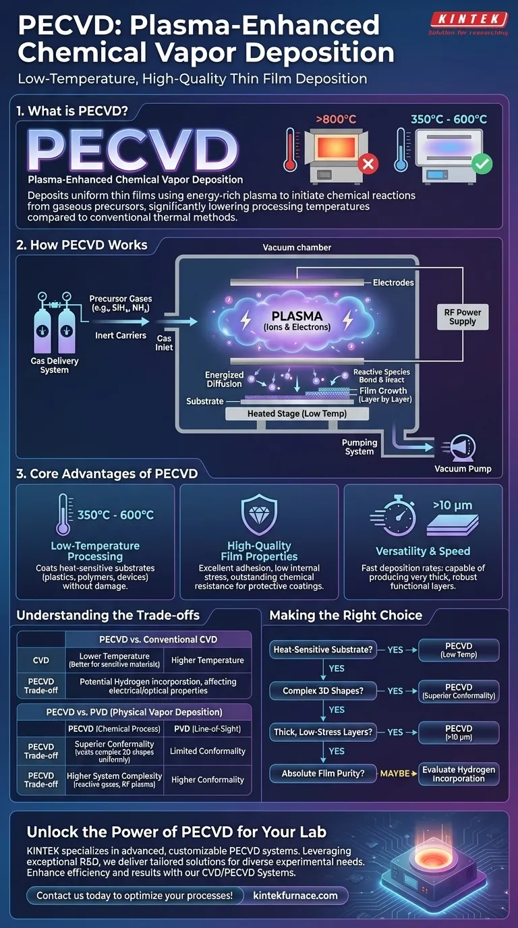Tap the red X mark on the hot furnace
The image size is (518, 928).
(x=369, y=164)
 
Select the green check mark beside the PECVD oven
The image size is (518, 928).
(x=482, y=164)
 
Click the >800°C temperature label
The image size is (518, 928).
(x=336, y=120)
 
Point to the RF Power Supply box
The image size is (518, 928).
(x=463, y=316)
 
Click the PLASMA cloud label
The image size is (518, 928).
(x=297, y=320)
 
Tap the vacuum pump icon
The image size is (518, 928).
(x=459, y=447)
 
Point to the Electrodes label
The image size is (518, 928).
(x=393, y=283)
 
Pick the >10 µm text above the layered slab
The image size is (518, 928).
(x=453, y=504)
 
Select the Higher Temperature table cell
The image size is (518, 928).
(x=207, y=660)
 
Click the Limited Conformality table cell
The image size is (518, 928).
(x=207, y=751)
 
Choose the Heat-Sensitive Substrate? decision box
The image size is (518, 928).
(x=322, y=650)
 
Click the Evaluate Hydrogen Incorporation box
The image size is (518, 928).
(x=459, y=774)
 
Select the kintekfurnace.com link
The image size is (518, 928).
(x=295, y=896)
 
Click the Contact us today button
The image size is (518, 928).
(x=134, y=896)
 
